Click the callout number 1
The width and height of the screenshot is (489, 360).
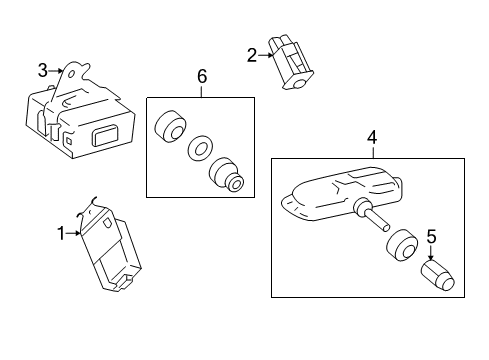(x=61, y=233)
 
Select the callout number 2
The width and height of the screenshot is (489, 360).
(x=252, y=55)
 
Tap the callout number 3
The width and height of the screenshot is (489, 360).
(x=43, y=70)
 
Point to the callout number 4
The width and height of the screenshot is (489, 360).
(x=372, y=137)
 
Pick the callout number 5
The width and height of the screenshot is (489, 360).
(x=431, y=236)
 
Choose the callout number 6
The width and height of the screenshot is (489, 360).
(x=202, y=76)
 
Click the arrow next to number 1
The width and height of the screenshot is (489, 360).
(x=73, y=234)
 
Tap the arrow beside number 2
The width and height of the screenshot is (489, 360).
(x=266, y=55)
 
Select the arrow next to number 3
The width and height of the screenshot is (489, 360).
(x=56, y=71)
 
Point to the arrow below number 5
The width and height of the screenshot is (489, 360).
(x=431, y=253)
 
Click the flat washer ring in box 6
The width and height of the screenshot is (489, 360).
(x=200, y=147)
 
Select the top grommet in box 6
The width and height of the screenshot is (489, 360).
(x=170, y=126)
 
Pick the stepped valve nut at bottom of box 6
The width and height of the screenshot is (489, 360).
(x=226, y=175)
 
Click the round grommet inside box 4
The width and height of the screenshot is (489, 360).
(x=402, y=245)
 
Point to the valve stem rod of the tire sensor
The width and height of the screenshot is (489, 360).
(x=377, y=220)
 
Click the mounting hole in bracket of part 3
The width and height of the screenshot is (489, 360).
(x=71, y=74)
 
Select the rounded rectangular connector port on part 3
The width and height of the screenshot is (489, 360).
(x=105, y=134)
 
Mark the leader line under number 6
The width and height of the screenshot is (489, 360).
(x=201, y=91)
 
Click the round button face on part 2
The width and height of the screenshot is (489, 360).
(x=301, y=82)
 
